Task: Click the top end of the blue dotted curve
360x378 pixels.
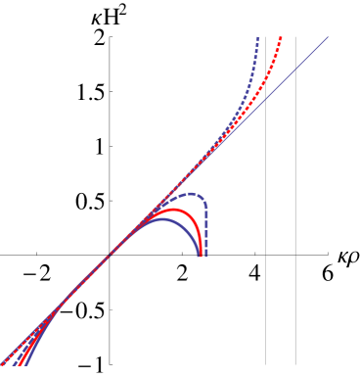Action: click(x=257, y=37)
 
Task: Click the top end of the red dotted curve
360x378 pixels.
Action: click(x=281, y=37)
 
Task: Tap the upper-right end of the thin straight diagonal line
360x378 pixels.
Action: click(x=328, y=37)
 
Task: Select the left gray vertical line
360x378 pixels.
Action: click(x=265, y=196)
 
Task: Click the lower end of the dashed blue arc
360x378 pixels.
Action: click(x=205, y=256)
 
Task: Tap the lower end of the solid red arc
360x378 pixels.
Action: click(x=201, y=256)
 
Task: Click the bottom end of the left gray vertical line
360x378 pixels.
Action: click(x=265, y=365)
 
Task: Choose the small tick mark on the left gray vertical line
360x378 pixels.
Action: click(x=265, y=256)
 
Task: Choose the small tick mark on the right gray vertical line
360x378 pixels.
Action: click(x=295, y=256)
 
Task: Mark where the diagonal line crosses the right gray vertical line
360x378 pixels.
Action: click(x=295, y=70)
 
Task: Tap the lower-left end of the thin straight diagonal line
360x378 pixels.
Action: click(x=2, y=365)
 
